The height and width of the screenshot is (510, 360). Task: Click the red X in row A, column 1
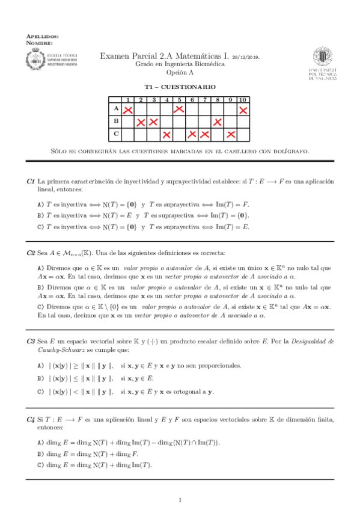click(127, 109)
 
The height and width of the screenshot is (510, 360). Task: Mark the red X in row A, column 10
click(243, 109)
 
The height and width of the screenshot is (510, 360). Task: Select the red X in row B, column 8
click(217, 122)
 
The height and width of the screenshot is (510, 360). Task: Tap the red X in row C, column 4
click(166, 134)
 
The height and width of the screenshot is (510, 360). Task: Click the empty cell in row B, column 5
click(179, 122)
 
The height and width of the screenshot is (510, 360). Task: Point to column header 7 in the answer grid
click(204, 99)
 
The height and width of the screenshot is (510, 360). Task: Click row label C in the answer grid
click(115, 134)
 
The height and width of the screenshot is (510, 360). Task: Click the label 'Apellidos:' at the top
click(43, 37)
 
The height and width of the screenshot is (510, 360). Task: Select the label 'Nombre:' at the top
click(40, 43)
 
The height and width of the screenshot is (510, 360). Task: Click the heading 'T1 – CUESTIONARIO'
click(180, 87)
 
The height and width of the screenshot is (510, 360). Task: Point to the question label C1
click(31, 181)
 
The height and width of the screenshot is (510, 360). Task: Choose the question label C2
click(31, 253)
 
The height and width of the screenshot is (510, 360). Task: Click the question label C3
click(31, 341)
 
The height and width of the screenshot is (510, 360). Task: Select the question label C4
click(31, 418)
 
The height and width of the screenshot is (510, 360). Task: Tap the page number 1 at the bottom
click(180, 500)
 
